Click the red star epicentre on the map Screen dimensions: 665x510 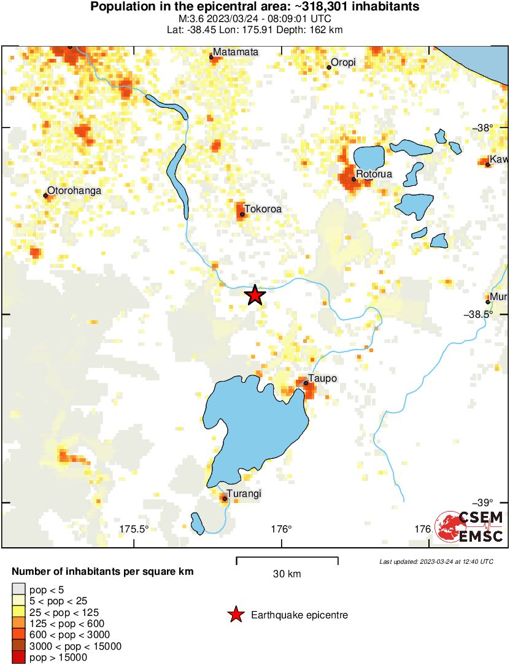click(x=255, y=296)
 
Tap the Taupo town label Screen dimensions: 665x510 click(x=322, y=379)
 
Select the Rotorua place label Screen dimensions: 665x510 click(x=374, y=174)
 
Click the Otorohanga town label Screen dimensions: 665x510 click(x=74, y=191)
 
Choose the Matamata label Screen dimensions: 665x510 click(x=236, y=52)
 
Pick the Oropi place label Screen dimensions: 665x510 click(x=343, y=63)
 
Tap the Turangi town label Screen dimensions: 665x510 click(x=244, y=493)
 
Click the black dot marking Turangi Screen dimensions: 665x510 click(x=225, y=499)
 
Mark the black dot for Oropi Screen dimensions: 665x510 click(x=329, y=67)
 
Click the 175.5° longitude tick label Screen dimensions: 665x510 click(x=134, y=529)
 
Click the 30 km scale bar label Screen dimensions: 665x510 click(x=287, y=574)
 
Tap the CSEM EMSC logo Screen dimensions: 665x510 click(x=469, y=527)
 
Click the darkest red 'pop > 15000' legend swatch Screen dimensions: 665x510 click(x=18, y=657)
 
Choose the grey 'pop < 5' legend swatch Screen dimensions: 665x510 click(x=18, y=591)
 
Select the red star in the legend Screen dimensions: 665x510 click(x=235, y=615)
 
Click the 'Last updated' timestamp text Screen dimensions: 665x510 click(x=436, y=561)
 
